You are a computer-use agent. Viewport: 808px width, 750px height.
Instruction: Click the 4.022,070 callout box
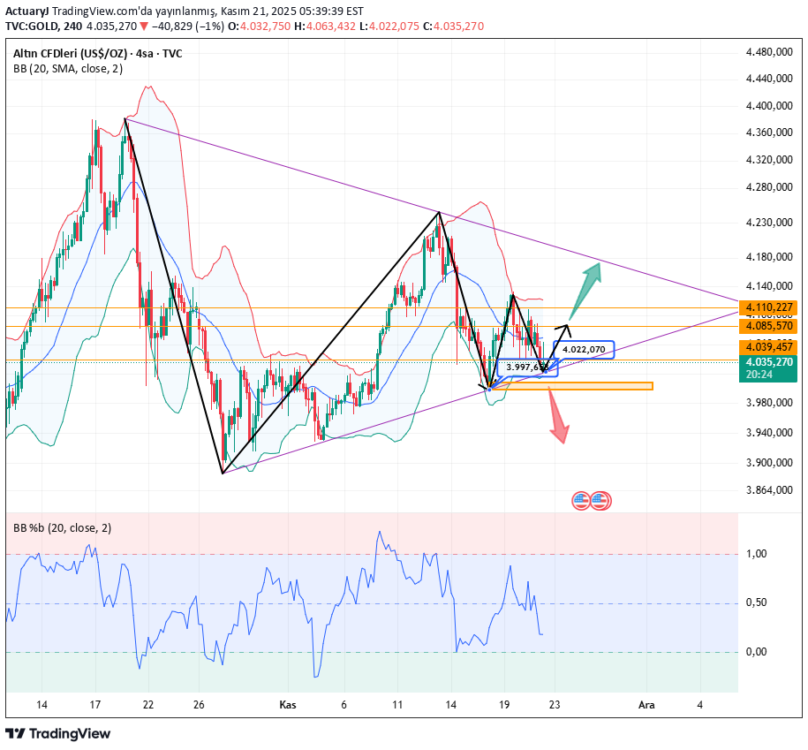tap(583, 349)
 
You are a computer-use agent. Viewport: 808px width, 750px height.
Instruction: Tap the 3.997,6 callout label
tap(527, 367)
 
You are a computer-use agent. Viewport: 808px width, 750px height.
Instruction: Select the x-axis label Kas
tap(287, 705)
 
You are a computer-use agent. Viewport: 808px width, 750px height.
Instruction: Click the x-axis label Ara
tap(646, 705)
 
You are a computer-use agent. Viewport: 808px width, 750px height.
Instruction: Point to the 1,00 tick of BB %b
tap(756, 554)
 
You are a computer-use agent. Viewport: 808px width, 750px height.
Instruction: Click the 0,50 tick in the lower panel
tap(756, 602)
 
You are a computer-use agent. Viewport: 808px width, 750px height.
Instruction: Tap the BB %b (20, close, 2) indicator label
tap(62, 527)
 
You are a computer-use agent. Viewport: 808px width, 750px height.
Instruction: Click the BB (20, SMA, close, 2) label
tap(68, 69)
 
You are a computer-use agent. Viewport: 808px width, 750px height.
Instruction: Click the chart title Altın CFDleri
tap(53, 53)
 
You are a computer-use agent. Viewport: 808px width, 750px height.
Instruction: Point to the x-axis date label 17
tap(95, 705)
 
